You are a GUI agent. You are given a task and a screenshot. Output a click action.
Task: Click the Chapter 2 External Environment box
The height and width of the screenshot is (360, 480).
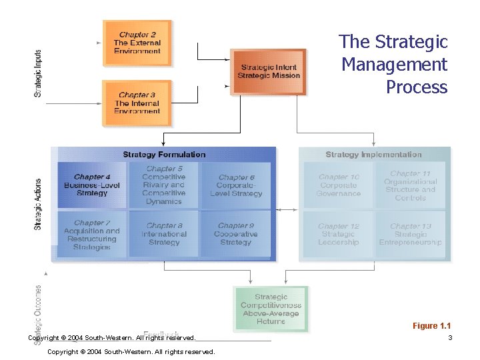[137, 43]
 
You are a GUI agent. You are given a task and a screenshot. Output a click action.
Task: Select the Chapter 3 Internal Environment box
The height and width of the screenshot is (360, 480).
[137, 103]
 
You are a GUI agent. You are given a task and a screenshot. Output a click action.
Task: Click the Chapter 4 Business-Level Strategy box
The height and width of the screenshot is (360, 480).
[91, 185]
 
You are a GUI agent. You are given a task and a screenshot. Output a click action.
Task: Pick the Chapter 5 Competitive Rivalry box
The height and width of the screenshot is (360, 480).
[164, 185]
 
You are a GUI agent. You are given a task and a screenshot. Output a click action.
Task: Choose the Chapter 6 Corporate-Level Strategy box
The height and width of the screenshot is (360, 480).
[236, 185]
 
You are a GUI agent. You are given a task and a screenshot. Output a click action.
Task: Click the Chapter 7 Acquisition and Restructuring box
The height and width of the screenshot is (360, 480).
[91, 235]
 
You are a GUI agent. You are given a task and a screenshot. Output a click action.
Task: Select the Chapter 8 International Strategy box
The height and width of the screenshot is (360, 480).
[164, 235]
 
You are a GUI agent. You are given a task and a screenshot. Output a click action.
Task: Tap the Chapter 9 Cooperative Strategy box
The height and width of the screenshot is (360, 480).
[236, 235]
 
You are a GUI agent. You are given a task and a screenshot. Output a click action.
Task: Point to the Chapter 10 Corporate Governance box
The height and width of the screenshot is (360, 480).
[339, 185]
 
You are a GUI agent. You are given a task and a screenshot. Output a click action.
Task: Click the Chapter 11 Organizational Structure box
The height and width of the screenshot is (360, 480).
[410, 185]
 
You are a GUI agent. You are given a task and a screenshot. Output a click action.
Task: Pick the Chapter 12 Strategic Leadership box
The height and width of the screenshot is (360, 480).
[339, 235]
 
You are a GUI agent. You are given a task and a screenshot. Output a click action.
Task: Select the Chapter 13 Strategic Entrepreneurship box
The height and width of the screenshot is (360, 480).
[410, 235]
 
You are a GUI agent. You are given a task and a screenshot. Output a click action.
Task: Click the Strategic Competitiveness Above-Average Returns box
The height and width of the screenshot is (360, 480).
[271, 309]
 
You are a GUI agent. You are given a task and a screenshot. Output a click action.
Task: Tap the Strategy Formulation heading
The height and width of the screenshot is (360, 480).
[164, 155]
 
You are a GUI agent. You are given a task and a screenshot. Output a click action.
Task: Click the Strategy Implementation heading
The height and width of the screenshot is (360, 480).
[373, 155]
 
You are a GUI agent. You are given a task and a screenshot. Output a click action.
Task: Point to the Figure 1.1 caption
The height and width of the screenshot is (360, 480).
[431, 326]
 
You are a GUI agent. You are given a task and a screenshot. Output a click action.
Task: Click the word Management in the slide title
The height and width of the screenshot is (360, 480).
[394, 65]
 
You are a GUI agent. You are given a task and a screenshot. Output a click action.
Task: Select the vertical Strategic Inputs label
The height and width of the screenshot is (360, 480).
[38, 73]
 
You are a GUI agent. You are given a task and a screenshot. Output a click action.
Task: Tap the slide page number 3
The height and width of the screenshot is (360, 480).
[450, 338]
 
